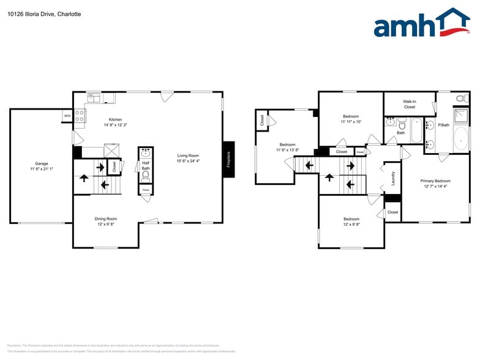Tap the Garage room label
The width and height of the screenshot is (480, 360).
click(41, 163)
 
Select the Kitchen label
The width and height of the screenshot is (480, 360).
click(115, 119)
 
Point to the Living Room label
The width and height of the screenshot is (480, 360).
click(188, 156)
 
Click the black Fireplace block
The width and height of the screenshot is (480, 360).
click(228, 159)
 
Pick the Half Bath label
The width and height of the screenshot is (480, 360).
click(146, 165)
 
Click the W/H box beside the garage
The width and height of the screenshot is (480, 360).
click(67, 115)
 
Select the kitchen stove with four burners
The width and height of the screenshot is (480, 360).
click(80, 114)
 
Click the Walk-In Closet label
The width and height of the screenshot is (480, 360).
click(409, 104)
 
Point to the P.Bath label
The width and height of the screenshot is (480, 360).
click(444, 125)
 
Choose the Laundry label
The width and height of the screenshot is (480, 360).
click(393, 178)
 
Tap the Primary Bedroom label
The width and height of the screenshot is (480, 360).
click(435, 181)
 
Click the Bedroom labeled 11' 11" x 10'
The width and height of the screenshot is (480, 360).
click(351, 116)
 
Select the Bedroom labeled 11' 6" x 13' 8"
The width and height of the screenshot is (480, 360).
click(287, 145)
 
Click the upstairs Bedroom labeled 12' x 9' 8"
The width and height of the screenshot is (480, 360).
click(351, 219)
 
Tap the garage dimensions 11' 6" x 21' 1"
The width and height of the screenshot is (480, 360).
click(41, 169)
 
